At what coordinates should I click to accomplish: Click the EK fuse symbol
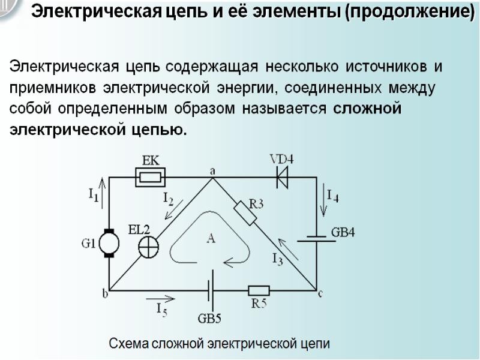pos(150,177)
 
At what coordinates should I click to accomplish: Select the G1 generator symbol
pos(109,243)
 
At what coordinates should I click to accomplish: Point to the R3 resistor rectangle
pos(245,212)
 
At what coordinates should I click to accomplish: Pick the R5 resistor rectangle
pos(259,291)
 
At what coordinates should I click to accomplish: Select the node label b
pos(105,293)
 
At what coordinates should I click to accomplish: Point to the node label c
pos(320,293)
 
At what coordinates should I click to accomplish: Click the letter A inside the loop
pos(211,239)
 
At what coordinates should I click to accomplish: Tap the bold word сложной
pos(366,109)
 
